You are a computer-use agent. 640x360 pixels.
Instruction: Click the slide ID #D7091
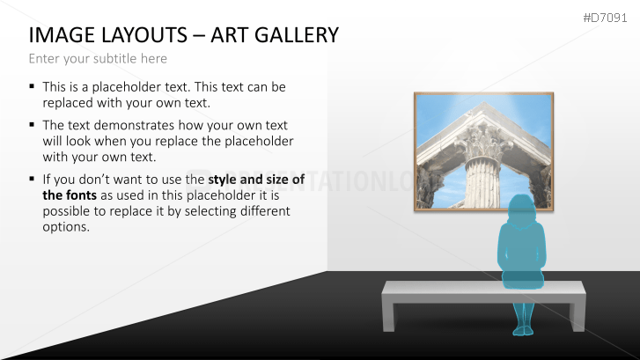(605, 18)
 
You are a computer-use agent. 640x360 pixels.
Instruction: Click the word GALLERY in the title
(297, 35)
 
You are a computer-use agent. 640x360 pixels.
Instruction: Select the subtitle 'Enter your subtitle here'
(98, 59)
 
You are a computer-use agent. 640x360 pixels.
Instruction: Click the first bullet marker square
(32, 86)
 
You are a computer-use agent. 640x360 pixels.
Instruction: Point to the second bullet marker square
(32, 124)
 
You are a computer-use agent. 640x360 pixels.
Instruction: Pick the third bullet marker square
(32, 179)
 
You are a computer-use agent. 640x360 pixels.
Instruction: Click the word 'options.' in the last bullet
(66, 227)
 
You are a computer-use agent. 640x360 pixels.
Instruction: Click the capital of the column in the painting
(484, 143)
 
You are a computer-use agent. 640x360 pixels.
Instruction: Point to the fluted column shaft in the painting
(482, 184)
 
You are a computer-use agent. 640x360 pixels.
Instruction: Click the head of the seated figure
(521, 208)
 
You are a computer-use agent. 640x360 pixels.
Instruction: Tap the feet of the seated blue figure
(523, 331)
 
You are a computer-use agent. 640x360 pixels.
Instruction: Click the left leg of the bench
(389, 317)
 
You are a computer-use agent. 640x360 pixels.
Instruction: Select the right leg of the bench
(578, 317)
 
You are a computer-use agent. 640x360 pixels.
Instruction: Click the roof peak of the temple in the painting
(483, 104)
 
